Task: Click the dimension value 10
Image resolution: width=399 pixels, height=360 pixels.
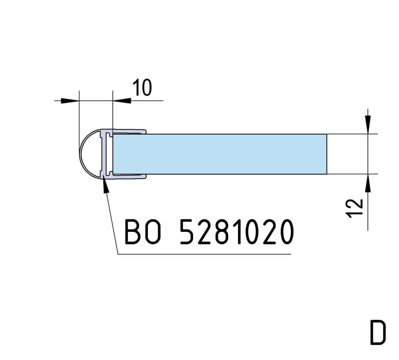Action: [142, 87]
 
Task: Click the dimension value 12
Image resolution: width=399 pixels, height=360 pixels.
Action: [354, 208]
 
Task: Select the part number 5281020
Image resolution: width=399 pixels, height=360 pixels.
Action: [237, 232]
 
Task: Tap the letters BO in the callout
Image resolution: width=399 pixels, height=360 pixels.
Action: [143, 232]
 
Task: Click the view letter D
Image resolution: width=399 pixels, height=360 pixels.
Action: [378, 332]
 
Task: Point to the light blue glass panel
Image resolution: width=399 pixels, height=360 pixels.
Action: [220, 154]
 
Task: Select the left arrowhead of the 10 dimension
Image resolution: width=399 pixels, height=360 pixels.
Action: [70, 101]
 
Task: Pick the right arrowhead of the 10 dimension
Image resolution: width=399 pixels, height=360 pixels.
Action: [122, 101]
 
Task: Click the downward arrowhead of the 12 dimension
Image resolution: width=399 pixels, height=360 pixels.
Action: [368, 125]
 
